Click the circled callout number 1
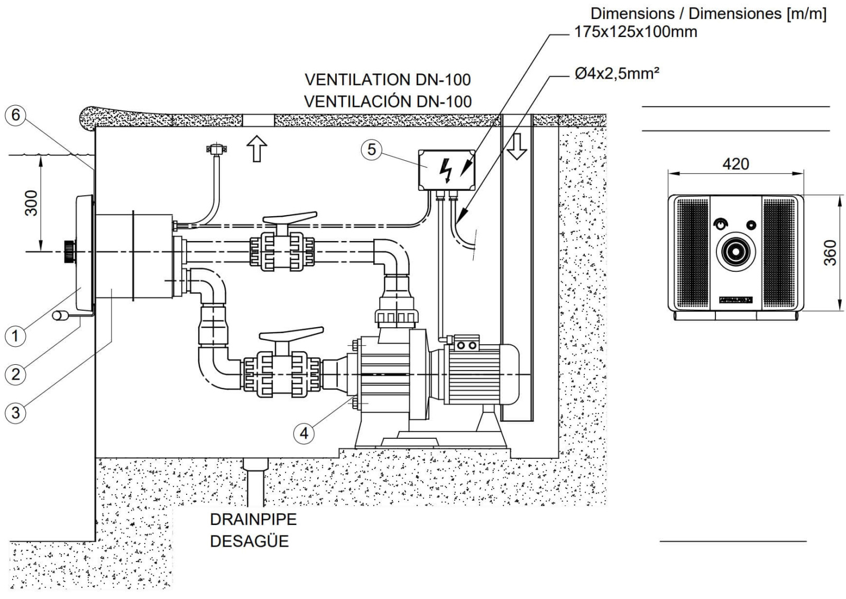[x=15, y=336]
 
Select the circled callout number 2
[x=15, y=374]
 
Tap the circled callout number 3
[x=15, y=412]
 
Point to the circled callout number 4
[x=304, y=434]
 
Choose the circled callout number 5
[x=372, y=150]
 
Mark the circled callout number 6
[x=15, y=115]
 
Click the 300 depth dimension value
[x=32, y=203]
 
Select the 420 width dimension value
[x=735, y=164]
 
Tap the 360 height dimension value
[x=831, y=253]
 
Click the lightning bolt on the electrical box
[x=447, y=170]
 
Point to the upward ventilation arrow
[x=257, y=149]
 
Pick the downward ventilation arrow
[x=517, y=146]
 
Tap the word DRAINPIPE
[x=253, y=519]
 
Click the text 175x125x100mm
[x=636, y=32]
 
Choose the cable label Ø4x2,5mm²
[x=617, y=73]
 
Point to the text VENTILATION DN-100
[x=388, y=80]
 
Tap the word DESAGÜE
[x=249, y=541]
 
